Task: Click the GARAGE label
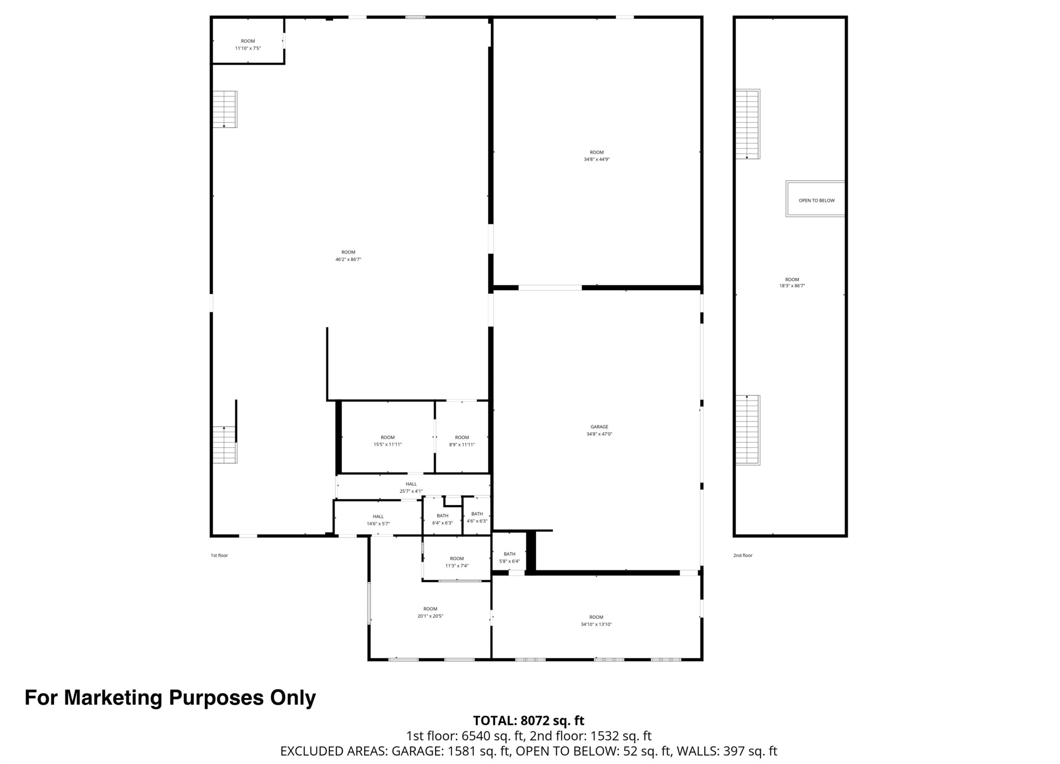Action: pyautogui.click(x=599, y=427)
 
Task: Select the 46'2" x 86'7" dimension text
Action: pyautogui.click(x=348, y=259)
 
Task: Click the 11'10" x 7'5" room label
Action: pyautogui.click(x=248, y=44)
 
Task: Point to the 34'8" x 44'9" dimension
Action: pyautogui.click(x=597, y=159)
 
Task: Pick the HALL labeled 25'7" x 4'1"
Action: pyautogui.click(x=411, y=488)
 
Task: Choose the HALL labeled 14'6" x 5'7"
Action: pyautogui.click(x=378, y=520)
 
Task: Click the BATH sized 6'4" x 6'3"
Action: pyautogui.click(x=442, y=519)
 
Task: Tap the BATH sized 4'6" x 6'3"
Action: pyautogui.click(x=477, y=517)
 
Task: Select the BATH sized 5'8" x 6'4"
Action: pyautogui.click(x=509, y=557)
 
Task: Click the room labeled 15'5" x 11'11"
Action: pyautogui.click(x=388, y=441)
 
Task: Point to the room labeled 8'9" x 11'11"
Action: pyautogui.click(x=462, y=441)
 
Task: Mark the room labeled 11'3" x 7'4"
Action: pyautogui.click(x=457, y=562)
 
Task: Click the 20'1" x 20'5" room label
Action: pyautogui.click(x=430, y=612)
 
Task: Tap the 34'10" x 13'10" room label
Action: pyautogui.click(x=596, y=620)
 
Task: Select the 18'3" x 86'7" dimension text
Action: pyautogui.click(x=792, y=286)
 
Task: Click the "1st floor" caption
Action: pyautogui.click(x=219, y=555)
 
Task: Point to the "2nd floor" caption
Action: pyautogui.click(x=743, y=555)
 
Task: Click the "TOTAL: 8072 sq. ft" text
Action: pyautogui.click(x=529, y=720)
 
